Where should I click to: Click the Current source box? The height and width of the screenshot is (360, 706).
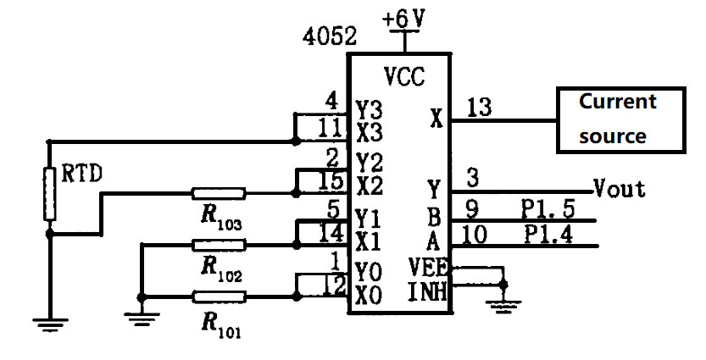point(619,119)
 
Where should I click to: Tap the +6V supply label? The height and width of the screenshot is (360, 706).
point(406,18)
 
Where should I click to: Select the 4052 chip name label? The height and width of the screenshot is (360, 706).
point(330,38)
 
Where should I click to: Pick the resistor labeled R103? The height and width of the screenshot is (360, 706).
point(220,193)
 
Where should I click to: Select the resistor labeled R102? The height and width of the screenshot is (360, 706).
point(220,245)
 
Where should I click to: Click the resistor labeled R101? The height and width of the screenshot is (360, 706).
point(220,296)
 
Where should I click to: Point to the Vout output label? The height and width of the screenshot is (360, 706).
point(620,187)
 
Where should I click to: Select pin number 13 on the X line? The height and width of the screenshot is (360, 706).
point(480,107)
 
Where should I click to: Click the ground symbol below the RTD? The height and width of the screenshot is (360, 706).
point(48,321)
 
